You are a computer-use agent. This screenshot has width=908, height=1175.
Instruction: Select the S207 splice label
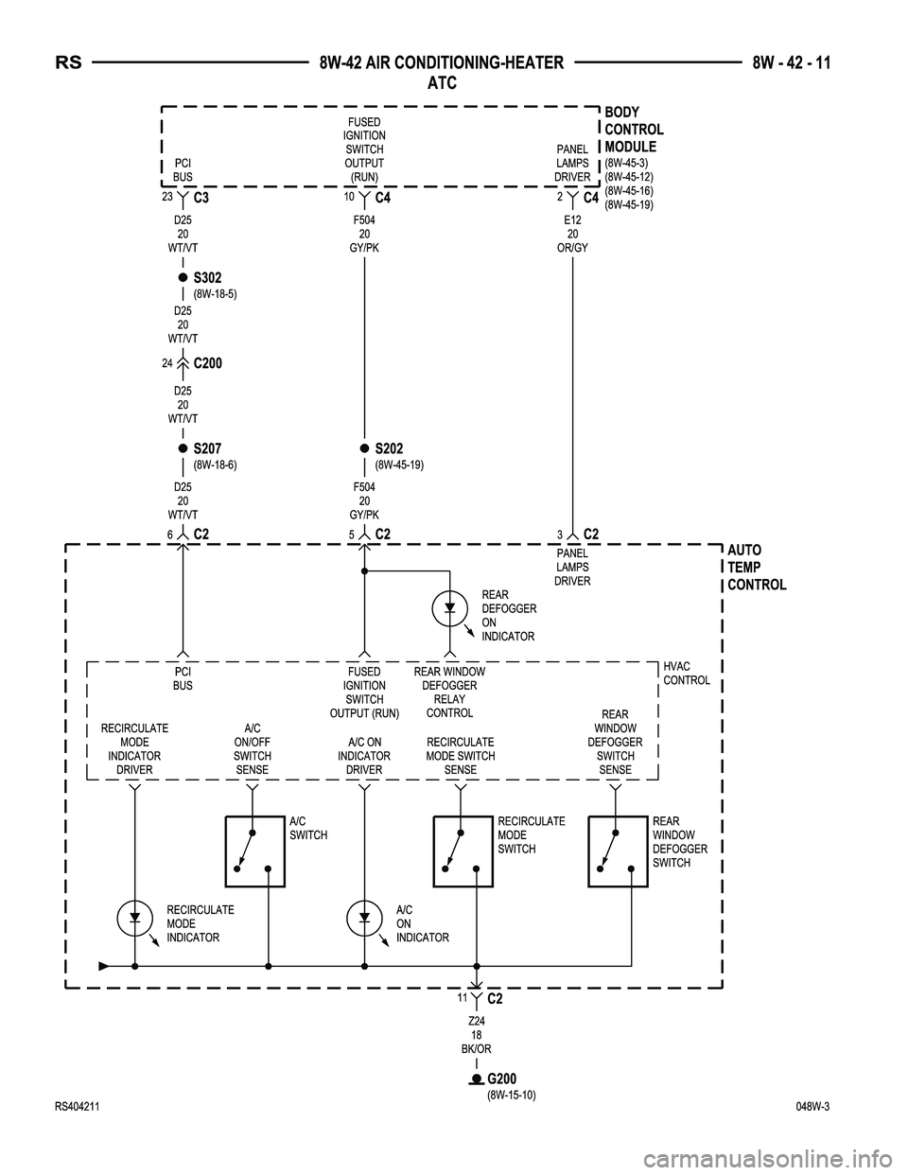(207, 448)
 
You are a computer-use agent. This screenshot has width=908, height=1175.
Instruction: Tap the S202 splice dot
(363, 448)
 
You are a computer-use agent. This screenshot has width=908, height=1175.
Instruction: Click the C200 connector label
(207, 363)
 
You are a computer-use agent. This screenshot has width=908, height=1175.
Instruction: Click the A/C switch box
(255, 851)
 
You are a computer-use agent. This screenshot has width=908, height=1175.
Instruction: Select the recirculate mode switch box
(463, 851)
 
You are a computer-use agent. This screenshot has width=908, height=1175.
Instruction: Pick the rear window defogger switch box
(618, 851)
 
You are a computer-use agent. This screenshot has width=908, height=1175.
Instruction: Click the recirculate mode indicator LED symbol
(135, 918)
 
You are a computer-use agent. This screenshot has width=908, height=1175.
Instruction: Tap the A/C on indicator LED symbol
(364, 918)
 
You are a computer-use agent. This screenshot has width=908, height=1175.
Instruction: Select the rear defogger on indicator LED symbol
(450, 606)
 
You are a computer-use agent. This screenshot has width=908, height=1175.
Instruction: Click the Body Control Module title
(634, 130)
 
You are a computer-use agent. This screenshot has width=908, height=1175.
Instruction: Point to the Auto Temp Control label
(757, 568)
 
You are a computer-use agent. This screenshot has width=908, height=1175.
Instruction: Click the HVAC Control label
(687, 674)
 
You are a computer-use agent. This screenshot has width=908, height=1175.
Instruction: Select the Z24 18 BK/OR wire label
(477, 1035)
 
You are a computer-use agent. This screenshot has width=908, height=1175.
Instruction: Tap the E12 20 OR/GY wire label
(572, 233)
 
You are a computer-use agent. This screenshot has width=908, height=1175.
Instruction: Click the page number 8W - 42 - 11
(792, 63)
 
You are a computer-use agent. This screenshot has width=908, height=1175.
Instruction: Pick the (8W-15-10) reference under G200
(512, 1095)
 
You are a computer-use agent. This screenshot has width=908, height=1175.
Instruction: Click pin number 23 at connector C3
(166, 196)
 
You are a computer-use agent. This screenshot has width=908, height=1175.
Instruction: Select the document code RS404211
(80, 1106)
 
